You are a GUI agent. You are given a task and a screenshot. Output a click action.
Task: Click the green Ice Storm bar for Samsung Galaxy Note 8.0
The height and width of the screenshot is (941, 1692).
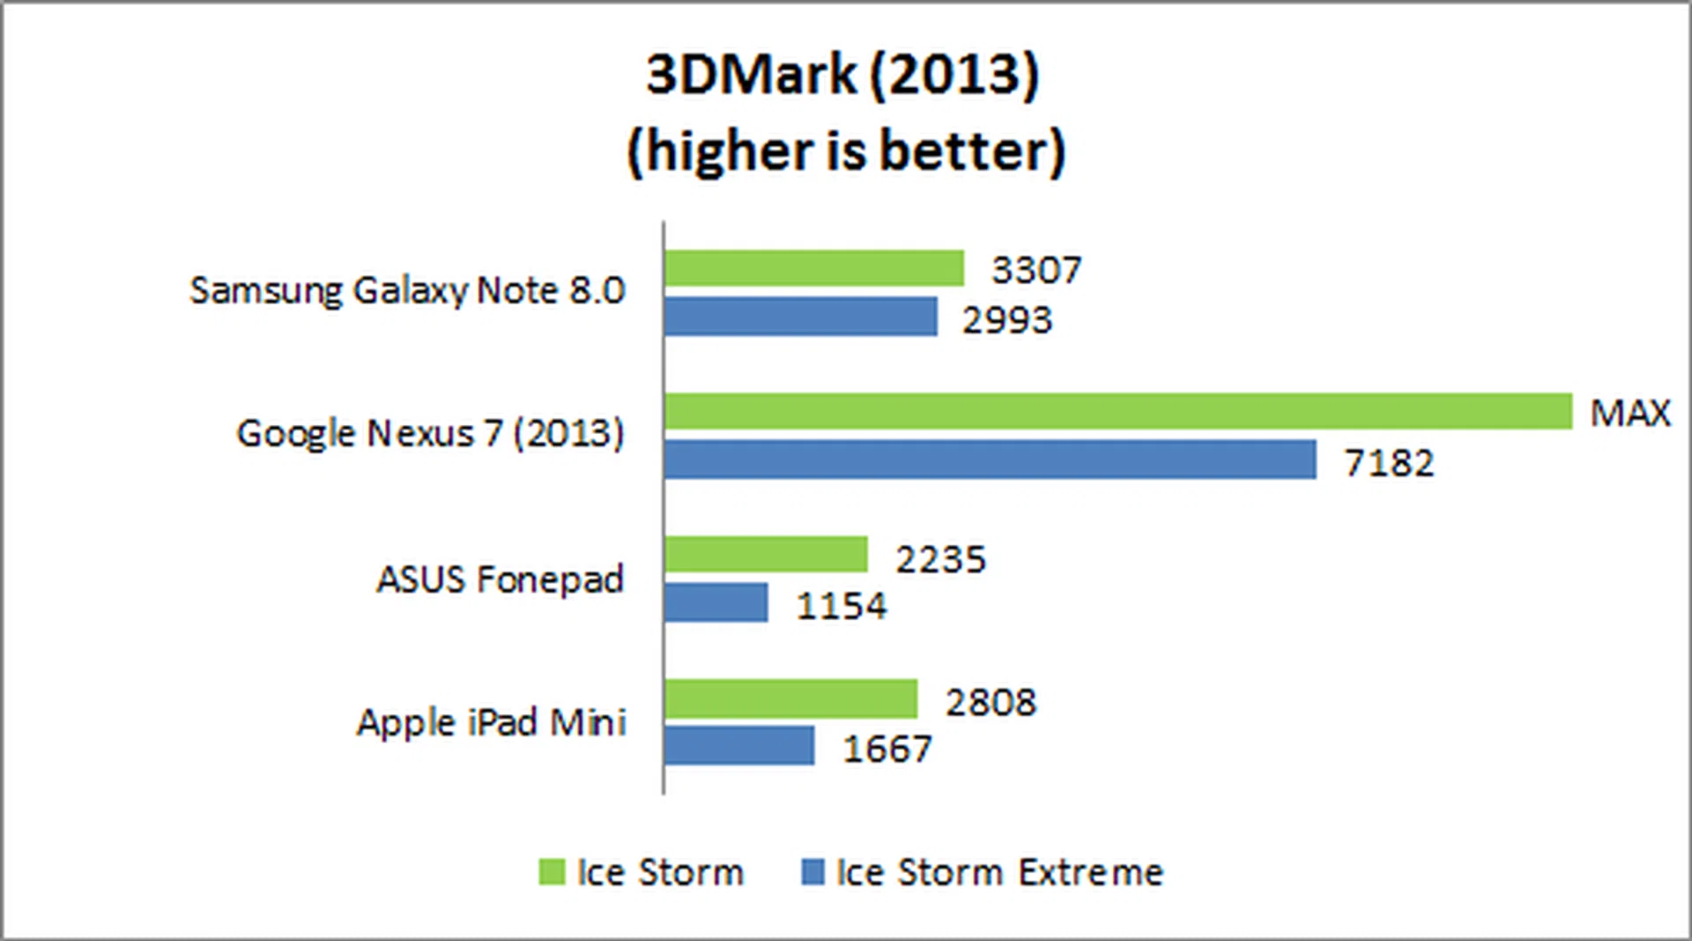[813, 269]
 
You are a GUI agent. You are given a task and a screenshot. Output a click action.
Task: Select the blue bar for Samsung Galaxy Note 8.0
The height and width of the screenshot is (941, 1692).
[800, 317]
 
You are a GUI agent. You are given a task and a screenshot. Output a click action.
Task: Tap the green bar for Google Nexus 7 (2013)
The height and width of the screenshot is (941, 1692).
[1117, 412]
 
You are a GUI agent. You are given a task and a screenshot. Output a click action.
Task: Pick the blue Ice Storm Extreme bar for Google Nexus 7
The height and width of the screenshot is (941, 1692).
[990, 459]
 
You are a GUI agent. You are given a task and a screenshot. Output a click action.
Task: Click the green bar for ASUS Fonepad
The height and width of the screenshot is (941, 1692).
[765, 555]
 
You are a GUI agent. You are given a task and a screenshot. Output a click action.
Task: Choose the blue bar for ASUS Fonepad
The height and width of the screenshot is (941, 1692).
[716, 602]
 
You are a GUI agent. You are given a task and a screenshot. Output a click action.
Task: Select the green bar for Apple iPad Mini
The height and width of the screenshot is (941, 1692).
[790, 699]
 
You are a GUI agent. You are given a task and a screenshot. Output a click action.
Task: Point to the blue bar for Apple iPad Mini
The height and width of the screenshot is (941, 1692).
[738, 746]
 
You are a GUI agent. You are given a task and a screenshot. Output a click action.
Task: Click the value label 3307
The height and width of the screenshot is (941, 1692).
[1036, 270]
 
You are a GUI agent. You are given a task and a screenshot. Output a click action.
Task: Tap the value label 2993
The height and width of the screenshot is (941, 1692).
[1007, 319]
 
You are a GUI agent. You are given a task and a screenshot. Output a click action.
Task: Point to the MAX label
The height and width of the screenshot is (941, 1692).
[1629, 413]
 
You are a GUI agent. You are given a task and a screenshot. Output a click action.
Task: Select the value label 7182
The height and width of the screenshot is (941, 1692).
[1389, 463]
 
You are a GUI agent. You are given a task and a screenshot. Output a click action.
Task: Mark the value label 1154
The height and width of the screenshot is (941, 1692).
[842, 606]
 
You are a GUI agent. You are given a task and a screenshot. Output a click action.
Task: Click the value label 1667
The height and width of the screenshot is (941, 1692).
[887, 750]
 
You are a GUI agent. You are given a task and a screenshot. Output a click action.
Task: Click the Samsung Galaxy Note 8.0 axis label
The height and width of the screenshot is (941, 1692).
[407, 291]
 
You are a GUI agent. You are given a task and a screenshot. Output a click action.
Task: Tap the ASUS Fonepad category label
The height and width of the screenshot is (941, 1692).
[500, 579]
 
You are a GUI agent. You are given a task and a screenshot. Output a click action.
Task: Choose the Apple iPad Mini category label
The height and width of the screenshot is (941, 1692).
[491, 722]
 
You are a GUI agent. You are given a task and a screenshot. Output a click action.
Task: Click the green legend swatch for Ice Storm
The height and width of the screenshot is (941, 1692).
[552, 872]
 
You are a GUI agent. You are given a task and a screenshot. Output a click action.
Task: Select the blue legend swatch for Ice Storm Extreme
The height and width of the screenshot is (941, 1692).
[813, 872]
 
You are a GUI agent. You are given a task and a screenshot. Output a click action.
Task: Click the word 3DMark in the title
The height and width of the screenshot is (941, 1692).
[751, 74]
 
